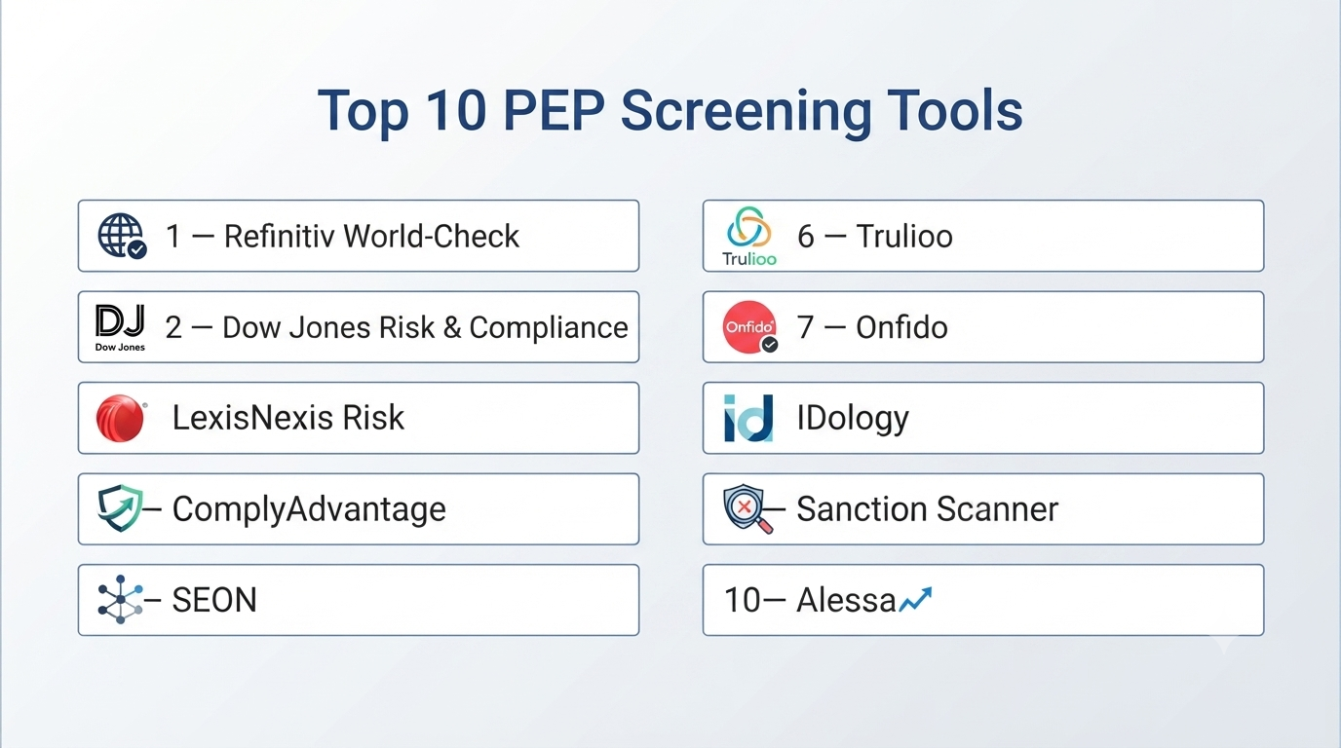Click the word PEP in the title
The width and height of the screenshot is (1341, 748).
click(554, 110)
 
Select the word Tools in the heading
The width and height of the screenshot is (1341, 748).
click(954, 110)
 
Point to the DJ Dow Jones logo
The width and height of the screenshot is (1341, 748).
click(120, 327)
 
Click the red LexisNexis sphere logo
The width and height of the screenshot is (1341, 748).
click(120, 418)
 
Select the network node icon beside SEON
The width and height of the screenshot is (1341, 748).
click(120, 600)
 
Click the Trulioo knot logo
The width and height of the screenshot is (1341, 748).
click(748, 236)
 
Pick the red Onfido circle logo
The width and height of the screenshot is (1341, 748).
click(749, 326)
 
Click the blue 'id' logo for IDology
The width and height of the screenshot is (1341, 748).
click(748, 418)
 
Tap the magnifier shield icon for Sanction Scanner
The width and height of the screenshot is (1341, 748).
click(747, 508)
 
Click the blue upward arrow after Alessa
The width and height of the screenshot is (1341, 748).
click(915, 600)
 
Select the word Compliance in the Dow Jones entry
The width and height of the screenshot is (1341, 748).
click(549, 328)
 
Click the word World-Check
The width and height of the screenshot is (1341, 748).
click(431, 236)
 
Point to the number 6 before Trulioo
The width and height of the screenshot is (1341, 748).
click(806, 237)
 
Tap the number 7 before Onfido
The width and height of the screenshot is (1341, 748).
click(805, 327)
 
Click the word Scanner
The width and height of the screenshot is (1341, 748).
click(997, 509)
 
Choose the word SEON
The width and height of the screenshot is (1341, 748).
click(214, 600)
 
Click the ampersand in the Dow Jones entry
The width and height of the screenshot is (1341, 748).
click(452, 328)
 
